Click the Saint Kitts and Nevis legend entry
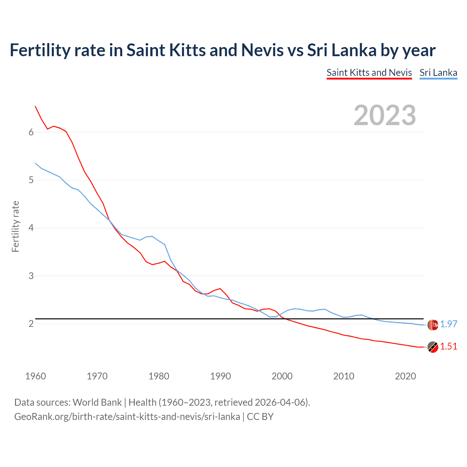pyautogui.click(x=369, y=73)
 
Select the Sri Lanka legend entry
pyautogui.click(x=438, y=73)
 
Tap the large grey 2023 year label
pyautogui.click(x=385, y=115)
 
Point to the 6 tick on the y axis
pyautogui.click(x=31, y=132)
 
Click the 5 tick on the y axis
pyautogui.click(x=31, y=180)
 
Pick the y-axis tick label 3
pyautogui.click(x=31, y=276)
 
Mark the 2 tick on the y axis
pyautogui.click(x=31, y=324)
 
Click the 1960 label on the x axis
pyautogui.click(x=35, y=376)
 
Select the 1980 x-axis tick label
pyautogui.click(x=159, y=376)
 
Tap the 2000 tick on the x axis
pyautogui.click(x=282, y=376)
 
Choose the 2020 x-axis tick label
pyautogui.click(x=405, y=376)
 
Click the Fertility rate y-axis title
pyautogui.click(x=15, y=226)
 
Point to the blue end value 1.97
pyautogui.click(x=448, y=324)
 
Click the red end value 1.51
pyautogui.click(x=448, y=346)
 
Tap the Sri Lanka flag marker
pyautogui.click(x=433, y=324)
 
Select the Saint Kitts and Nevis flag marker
pyautogui.click(x=433, y=347)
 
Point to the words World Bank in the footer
pyautogui.click(x=97, y=402)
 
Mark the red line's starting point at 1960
pyautogui.click(x=35, y=106)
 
